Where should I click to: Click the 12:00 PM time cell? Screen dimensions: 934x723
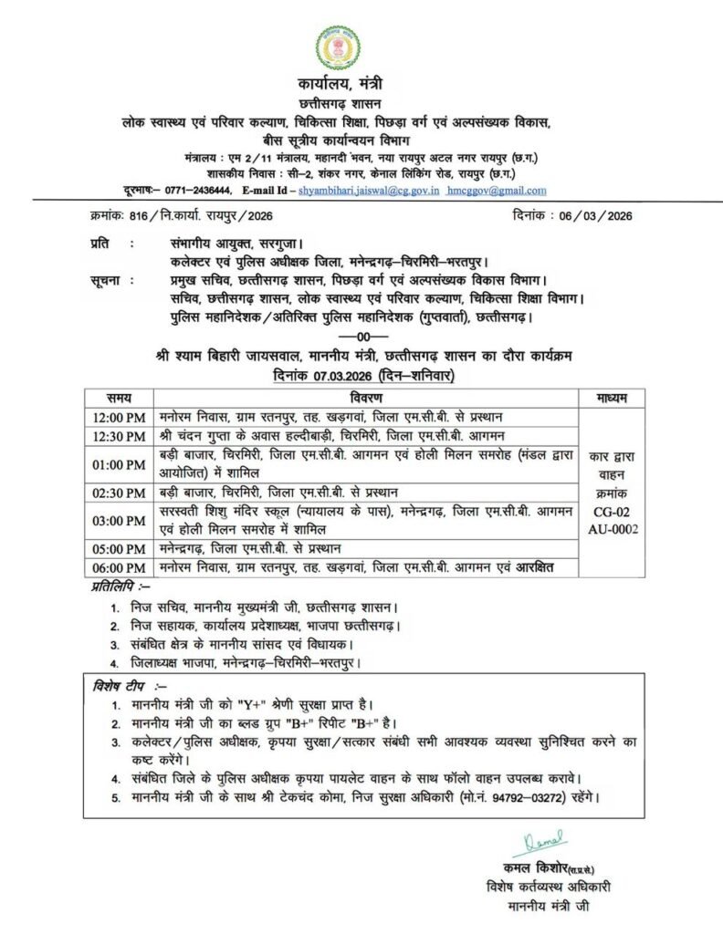coord(119,417)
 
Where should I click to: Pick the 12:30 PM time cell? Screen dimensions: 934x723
coord(119,436)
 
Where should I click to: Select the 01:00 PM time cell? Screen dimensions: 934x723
coord(119,463)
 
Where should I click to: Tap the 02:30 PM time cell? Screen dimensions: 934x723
coord(119,493)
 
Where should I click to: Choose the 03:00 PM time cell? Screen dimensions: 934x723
coord(119,521)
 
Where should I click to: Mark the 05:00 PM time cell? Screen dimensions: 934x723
coord(119,549)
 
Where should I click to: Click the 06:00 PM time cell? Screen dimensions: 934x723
coord(119,567)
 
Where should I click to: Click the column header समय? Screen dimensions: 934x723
coord(119,398)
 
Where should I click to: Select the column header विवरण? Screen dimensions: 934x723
coord(370,398)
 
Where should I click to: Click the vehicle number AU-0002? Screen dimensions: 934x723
coord(612,528)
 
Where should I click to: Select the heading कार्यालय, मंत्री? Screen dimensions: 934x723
coord(361,86)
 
